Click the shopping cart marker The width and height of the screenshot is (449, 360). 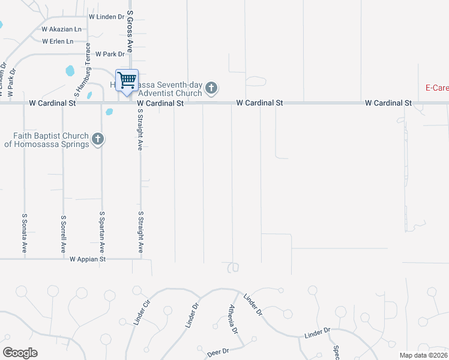(x=127, y=81)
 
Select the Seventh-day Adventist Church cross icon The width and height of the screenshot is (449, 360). (x=211, y=89)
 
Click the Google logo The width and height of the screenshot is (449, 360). (x=20, y=353)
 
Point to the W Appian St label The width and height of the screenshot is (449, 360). (x=88, y=259)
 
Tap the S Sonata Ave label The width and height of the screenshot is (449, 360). (x=25, y=232)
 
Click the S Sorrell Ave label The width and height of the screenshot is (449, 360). (x=63, y=232)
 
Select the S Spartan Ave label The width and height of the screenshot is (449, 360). (x=102, y=232)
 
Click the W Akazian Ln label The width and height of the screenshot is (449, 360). (x=61, y=29)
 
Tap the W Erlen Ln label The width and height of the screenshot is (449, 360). (x=58, y=41)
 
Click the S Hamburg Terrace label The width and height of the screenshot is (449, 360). (x=83, y=70)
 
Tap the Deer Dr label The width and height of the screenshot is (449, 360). (x=218, y=352)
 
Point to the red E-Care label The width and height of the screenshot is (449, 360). (x=437, y=88)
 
